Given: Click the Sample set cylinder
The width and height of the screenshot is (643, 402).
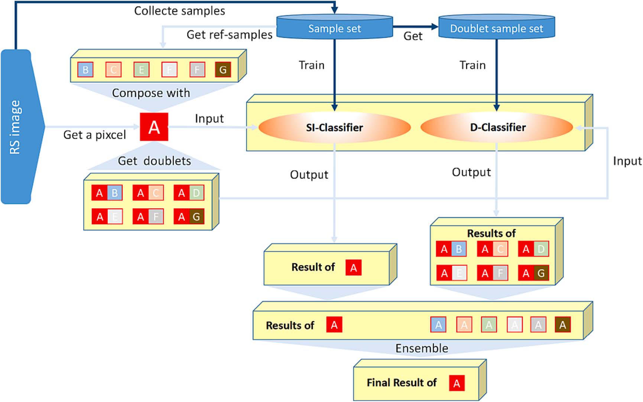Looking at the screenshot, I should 334,28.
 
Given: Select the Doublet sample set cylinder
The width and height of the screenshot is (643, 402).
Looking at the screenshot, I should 496,28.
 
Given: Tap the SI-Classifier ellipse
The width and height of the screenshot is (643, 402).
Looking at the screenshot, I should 334,128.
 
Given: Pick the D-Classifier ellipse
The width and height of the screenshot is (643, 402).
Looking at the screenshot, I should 497,128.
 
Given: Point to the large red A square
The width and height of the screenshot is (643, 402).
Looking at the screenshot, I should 154,127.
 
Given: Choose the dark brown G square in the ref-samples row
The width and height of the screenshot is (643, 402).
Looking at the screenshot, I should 223,70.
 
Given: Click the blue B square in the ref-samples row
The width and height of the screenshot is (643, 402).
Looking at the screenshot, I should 85,70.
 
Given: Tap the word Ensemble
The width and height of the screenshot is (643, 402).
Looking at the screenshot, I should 422,348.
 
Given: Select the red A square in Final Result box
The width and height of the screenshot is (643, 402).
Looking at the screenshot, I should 457,383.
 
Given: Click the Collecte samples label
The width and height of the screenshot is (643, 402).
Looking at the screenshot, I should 179,11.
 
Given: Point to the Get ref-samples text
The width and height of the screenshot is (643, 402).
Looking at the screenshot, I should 229,35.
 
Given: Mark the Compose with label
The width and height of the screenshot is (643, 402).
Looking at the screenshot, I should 151,93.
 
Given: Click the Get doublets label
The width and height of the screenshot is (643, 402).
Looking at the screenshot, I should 154,161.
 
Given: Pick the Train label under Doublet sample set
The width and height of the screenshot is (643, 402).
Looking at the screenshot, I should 472,65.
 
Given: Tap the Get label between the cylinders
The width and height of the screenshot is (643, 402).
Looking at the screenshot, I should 413,36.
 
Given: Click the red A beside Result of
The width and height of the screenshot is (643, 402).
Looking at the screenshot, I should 353,267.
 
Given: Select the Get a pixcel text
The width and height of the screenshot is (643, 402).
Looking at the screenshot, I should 94,135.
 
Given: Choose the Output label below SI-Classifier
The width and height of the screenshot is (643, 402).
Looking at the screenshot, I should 309,175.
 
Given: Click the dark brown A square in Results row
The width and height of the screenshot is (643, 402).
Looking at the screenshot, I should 562,325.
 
